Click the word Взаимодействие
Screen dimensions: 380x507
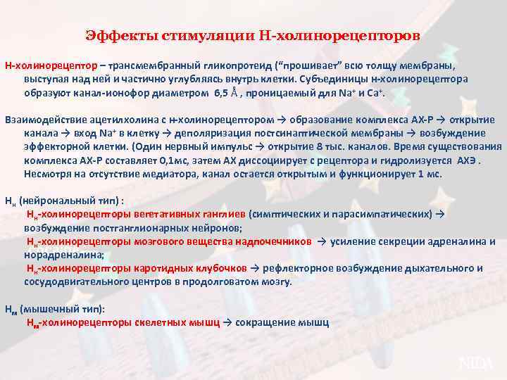[x=46, y=119]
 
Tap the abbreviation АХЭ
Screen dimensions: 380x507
[x=465, y=160]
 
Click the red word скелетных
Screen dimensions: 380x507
[x=163, y=322]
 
